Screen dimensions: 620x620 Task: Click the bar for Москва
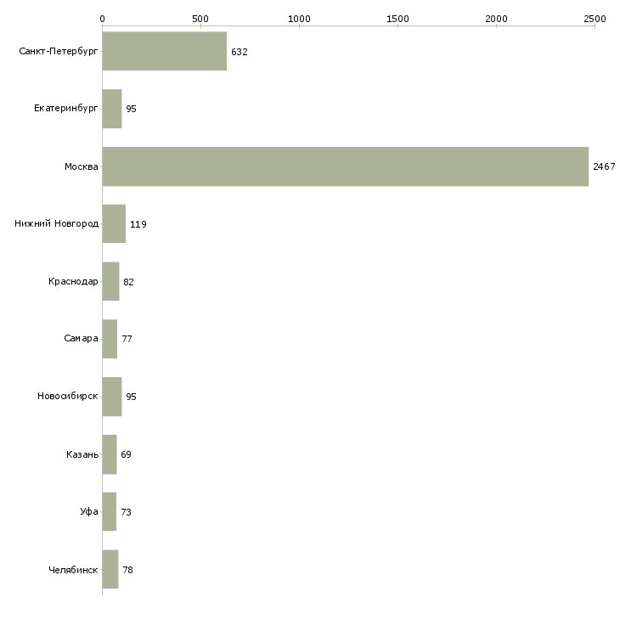[345, 166]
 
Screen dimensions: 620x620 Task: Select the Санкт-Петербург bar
[165, 51]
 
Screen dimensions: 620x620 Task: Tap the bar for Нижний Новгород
[114, 224]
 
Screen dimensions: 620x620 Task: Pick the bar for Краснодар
[110, 281]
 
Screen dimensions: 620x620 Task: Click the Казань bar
[110, 454]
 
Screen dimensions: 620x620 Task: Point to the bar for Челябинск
[110, 569]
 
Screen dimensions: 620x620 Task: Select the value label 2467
[604, 166]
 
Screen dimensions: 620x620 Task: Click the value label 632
[240, 52]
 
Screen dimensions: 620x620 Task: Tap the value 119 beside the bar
[138, 224]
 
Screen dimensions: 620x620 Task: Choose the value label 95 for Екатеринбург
[132, 109]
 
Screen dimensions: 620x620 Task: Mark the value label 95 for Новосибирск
[132, 397]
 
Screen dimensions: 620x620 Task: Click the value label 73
[127, 512]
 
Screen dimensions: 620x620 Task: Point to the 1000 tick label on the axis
[299, 19]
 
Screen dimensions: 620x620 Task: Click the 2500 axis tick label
[595, 19]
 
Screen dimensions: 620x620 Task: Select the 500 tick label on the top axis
[201, 19]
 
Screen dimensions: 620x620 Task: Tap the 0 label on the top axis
[103, 19]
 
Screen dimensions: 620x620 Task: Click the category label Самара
[81, 339]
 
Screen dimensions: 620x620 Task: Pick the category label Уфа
[89, 511]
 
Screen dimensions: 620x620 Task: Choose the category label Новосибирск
[68, 396]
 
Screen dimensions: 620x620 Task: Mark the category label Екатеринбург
[65, 109]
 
